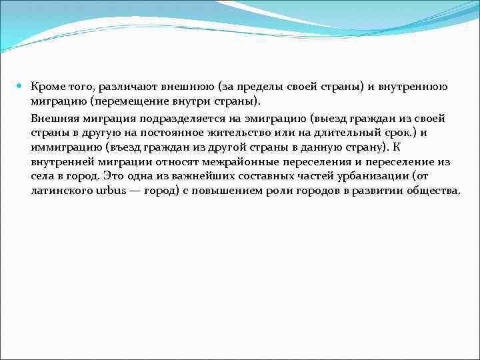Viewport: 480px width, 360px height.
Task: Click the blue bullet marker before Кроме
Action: click(x=20, y=87)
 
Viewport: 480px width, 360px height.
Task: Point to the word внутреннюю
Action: click(x=416, y=87)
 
